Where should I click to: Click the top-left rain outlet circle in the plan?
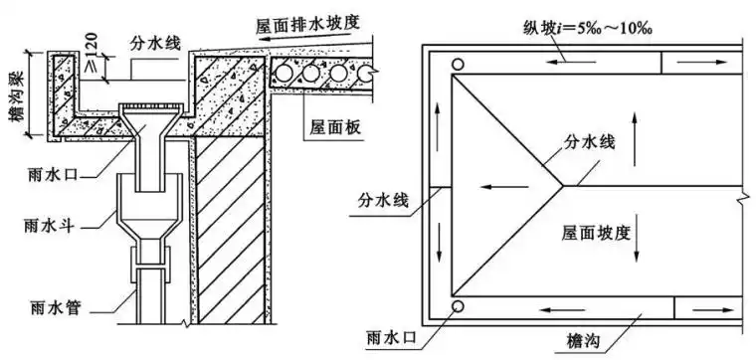pyautogui.click(x=457, y=65)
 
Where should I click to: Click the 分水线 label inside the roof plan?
pyautogui.click(x=594, y=144)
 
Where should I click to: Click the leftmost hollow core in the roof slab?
pyautogui.click(x=289, y=73)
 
